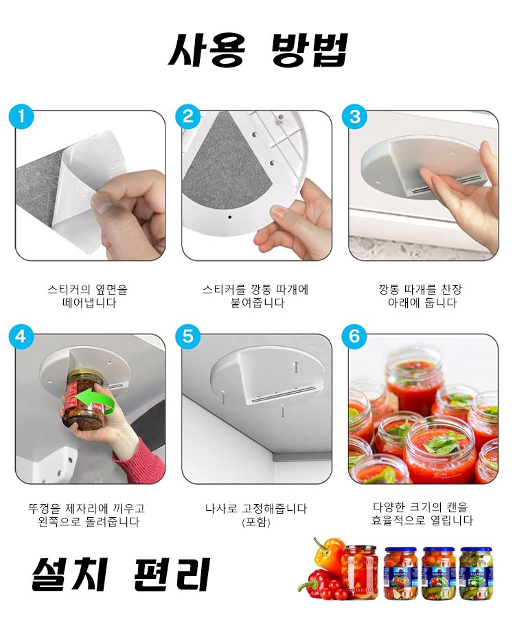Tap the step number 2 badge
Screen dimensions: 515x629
coord(187,116)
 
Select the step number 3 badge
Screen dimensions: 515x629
coord(354,116)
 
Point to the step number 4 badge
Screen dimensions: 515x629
coord(21,336)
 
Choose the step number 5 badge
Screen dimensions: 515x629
coord(187,336)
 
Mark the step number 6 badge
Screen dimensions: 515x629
coord(354,336)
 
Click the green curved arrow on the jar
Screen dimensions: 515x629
coord(95,401)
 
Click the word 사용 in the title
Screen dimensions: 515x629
coord(206,50)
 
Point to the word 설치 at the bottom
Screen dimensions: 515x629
coord(70,574)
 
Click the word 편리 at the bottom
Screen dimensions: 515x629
coord(172,574)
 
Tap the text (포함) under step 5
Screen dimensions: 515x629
coord(256,522)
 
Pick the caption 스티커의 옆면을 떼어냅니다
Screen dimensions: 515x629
coord(88,296)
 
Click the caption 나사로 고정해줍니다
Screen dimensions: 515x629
coord(256,509)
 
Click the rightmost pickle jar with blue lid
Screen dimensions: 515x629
coord(475,573)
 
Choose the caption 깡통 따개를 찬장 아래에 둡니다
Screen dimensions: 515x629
coord(421,296)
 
